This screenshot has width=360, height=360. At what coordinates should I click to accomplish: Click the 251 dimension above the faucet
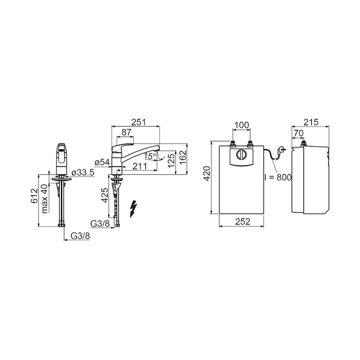click(x=138, y=122)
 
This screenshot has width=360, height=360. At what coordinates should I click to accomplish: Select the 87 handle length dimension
click(x=126, y=133)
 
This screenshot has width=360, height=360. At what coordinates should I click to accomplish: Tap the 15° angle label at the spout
click(x=150, y=156)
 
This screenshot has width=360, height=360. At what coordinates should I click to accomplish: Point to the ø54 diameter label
click(x=102, y=163)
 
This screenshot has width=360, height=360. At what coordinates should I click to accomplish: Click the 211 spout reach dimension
click(x=140, y=166)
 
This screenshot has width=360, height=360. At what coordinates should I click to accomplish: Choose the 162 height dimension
click(x=183, y=157)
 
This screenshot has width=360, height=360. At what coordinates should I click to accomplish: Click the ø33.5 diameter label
click(x=83, y=173)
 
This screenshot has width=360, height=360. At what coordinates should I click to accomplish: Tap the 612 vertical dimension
click(x=34, y=196)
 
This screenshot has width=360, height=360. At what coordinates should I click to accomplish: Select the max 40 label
click(x=45, y=199)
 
